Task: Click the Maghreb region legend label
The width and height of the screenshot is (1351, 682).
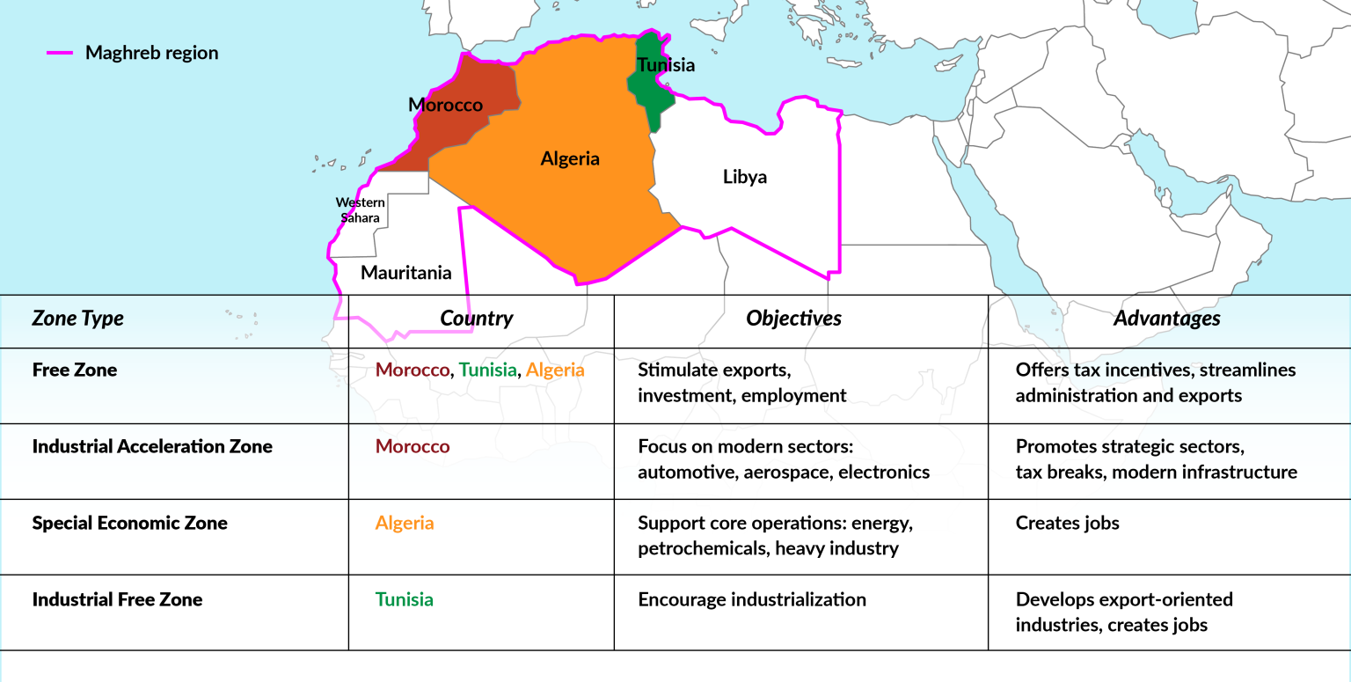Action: [x=151, y=53]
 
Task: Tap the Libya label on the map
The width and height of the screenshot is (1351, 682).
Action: [x=744, y=177]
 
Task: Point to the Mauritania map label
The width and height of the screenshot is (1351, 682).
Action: [x=405, y=273]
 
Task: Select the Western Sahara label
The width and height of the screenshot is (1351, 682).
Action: [x=360, y=210]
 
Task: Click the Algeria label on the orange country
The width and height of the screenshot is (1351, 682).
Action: [x=570, y=159]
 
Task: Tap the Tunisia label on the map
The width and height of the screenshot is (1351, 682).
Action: [x=666, y=65]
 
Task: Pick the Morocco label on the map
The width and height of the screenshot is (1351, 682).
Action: [x=445, y=106]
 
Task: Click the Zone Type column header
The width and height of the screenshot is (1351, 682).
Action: [x=77, y=319]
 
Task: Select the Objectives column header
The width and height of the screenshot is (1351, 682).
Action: [x=793, y=319]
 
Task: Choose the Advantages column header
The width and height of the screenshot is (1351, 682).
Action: [x=1166, y=319]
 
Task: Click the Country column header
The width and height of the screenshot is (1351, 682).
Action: [x=477, y=319]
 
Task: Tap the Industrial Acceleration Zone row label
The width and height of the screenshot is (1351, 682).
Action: [x=152, y=446]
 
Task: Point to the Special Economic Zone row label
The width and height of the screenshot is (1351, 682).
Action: [x=129, y=523]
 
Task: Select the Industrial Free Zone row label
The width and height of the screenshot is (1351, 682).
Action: [x=117, y=599]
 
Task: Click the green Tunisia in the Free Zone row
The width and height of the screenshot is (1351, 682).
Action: [x=487, y=370]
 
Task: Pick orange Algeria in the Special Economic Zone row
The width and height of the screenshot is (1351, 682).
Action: [x=405, y=523]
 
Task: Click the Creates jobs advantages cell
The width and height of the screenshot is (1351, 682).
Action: [x=1067, y=523]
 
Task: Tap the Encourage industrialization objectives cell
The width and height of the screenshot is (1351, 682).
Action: [x=751, y=599]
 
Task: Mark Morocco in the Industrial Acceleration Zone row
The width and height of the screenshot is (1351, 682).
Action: [x=413, y=446]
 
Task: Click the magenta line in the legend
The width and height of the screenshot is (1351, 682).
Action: [x=59, y=53]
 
